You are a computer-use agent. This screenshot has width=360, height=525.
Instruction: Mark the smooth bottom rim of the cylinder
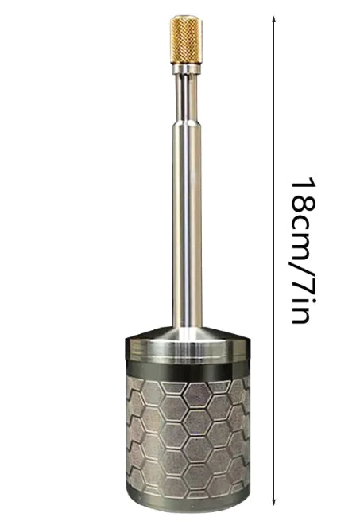(185, 500)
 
